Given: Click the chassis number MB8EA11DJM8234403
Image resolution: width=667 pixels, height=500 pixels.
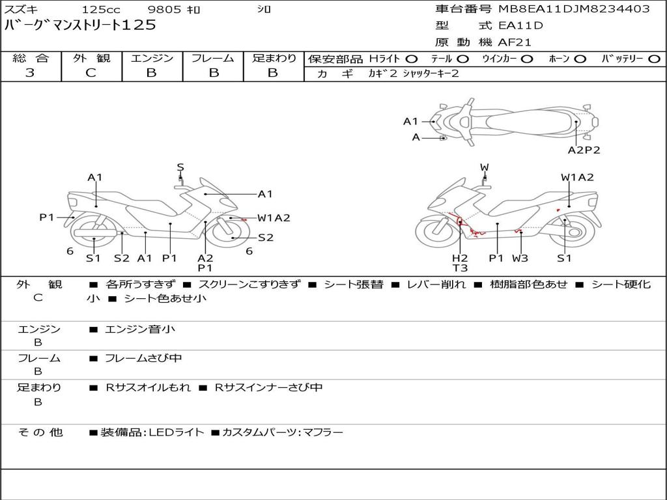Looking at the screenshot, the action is (x=575, y=9).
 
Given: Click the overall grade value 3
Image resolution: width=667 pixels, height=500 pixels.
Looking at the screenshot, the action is (x=30, y=73).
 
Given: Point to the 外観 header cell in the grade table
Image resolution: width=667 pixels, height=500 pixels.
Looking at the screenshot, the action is (x=91, y=58).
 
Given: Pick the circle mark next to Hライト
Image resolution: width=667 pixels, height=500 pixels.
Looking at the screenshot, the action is (x=412, y=59).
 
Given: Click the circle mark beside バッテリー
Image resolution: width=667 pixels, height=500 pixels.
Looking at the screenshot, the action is (x=654, y=59).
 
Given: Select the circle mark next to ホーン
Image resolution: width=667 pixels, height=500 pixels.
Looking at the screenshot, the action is (x=580, y=59).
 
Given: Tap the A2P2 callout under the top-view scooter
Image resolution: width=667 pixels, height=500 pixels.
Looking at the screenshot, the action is (x=584, y=150).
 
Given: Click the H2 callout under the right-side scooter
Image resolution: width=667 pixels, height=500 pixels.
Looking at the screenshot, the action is (x=460, y=258).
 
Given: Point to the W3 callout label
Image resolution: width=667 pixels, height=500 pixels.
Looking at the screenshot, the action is (x=520, y=258).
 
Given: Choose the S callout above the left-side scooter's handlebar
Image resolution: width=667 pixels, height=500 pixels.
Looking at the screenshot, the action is (x=180, y=167).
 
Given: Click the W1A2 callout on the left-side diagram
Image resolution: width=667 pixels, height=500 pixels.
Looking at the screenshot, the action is (x=274, y=218).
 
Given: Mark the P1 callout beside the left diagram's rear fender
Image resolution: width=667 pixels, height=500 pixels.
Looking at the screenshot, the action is (x=47, y=217).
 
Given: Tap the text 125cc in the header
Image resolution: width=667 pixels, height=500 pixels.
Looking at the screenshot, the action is (x=101, y=9).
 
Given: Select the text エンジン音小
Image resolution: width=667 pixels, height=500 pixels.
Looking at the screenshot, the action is (x=140, y=329).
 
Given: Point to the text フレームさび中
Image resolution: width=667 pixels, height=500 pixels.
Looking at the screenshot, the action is (x=143, y=358).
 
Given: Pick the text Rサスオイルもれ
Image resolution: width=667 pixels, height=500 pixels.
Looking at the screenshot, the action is (x=148, y=387).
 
